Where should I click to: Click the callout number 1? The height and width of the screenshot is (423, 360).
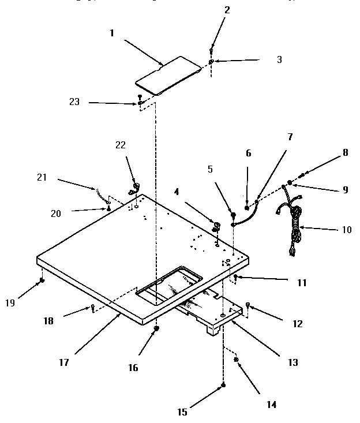click(112, 33)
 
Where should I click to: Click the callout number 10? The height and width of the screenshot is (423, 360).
click(346, 229)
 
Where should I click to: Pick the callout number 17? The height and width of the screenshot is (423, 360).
click(63, 362)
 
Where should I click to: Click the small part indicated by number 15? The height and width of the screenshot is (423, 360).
click(224, 385)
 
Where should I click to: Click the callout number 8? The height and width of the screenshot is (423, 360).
click(346, 154)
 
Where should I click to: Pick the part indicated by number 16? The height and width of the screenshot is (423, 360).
click(156, 328)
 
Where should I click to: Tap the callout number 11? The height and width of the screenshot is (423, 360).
click(302, 283)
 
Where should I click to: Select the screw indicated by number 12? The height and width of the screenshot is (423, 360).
click(248, 304)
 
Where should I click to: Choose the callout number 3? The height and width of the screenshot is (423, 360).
click(279, 59)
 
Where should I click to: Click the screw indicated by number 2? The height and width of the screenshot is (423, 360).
click(212, 48)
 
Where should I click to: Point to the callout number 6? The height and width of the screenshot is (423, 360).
click(249, 154)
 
